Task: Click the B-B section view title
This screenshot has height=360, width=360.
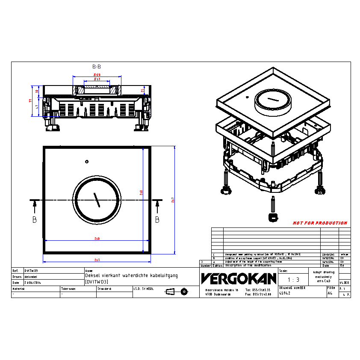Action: point(97,67)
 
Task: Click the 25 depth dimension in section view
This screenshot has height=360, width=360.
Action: point(143,90)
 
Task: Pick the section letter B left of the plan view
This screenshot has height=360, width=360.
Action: point(34,220)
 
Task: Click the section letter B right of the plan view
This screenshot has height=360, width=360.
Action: point(157,220)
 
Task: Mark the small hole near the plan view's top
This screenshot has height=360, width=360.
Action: point(87,162)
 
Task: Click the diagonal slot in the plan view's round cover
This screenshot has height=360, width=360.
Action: point(97,200)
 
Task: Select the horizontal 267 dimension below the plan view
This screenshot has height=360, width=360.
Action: point(97,260)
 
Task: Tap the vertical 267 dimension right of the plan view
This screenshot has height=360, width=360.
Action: point(172,199)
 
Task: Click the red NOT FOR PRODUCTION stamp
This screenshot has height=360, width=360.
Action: point(320,223)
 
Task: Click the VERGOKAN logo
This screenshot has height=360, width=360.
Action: point(239,279)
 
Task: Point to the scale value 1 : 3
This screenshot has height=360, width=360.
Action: point(293,280)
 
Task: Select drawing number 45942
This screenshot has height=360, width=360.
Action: point(285,294)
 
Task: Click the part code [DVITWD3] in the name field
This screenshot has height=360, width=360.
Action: point(96,282)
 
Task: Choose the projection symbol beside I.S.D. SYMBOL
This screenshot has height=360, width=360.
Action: point(177,292)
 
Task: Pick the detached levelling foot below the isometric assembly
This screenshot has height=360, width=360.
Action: point(272,210)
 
